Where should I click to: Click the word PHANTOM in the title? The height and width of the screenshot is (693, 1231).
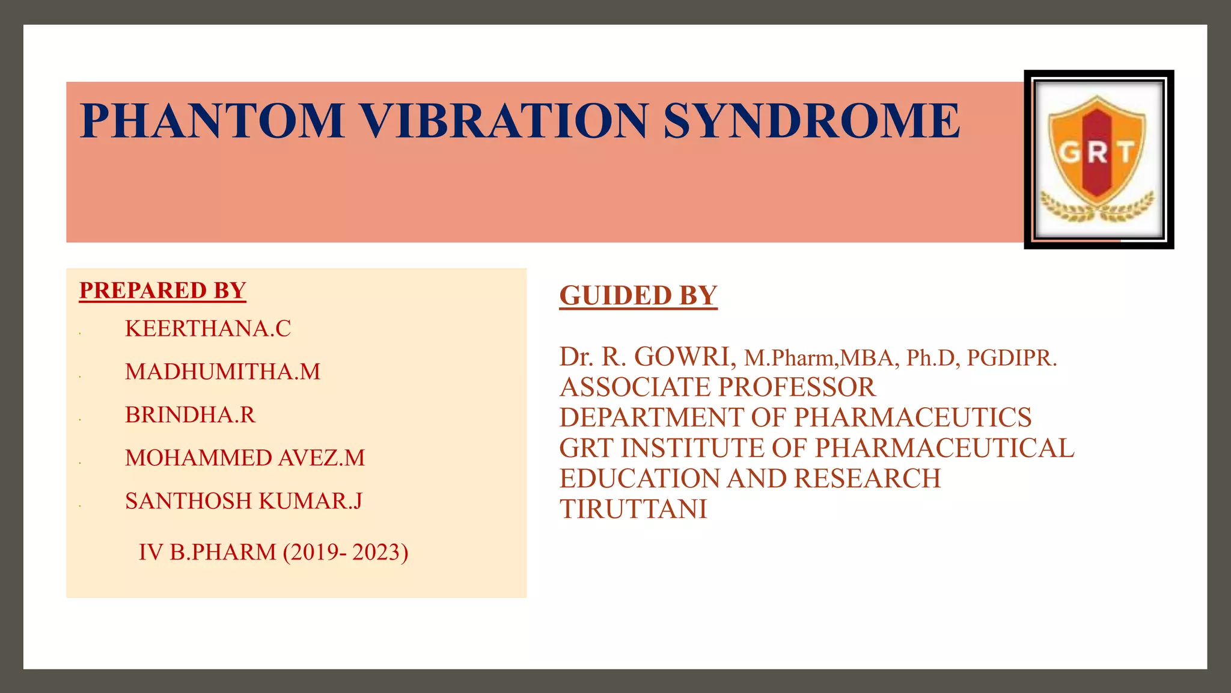point(212,120)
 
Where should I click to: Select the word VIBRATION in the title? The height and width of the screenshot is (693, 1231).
point(504,120)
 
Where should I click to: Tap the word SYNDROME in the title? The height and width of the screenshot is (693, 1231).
point(811,120)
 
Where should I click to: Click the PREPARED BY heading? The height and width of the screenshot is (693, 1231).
point(162,291)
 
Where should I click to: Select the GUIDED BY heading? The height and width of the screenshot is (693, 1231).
point(638,295)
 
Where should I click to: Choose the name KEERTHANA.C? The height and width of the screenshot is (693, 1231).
point(207,328)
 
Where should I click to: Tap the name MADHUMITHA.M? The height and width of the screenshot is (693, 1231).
point(222,372)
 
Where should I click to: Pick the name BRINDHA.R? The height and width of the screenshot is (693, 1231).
point(190,415)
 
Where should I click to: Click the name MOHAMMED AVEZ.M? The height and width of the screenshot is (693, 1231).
point(245,458)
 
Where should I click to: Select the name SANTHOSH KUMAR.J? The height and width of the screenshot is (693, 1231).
point(243,501)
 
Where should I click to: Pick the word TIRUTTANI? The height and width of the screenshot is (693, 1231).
point(633,509)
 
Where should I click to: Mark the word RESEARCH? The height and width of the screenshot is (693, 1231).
point(867,479)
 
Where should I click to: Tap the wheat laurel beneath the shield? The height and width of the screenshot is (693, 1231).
point(1098,208)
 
